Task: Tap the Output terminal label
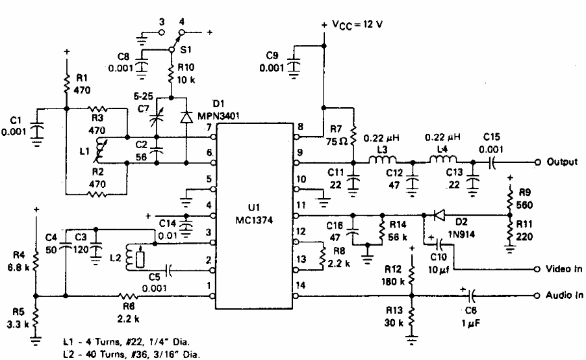coord(560,162)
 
